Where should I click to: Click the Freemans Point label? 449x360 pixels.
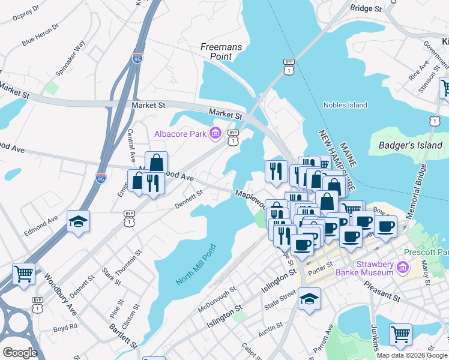point(216,51)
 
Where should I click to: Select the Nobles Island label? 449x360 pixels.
point(345,105)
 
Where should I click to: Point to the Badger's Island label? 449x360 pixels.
point(411,145)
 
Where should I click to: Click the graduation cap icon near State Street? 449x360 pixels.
point(309,298)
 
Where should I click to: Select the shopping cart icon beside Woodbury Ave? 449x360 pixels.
point(23,274)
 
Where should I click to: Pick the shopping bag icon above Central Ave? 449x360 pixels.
point(156,163)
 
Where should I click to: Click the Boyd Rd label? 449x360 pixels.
point(65,328)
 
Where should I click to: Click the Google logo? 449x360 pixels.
point(20,353)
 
